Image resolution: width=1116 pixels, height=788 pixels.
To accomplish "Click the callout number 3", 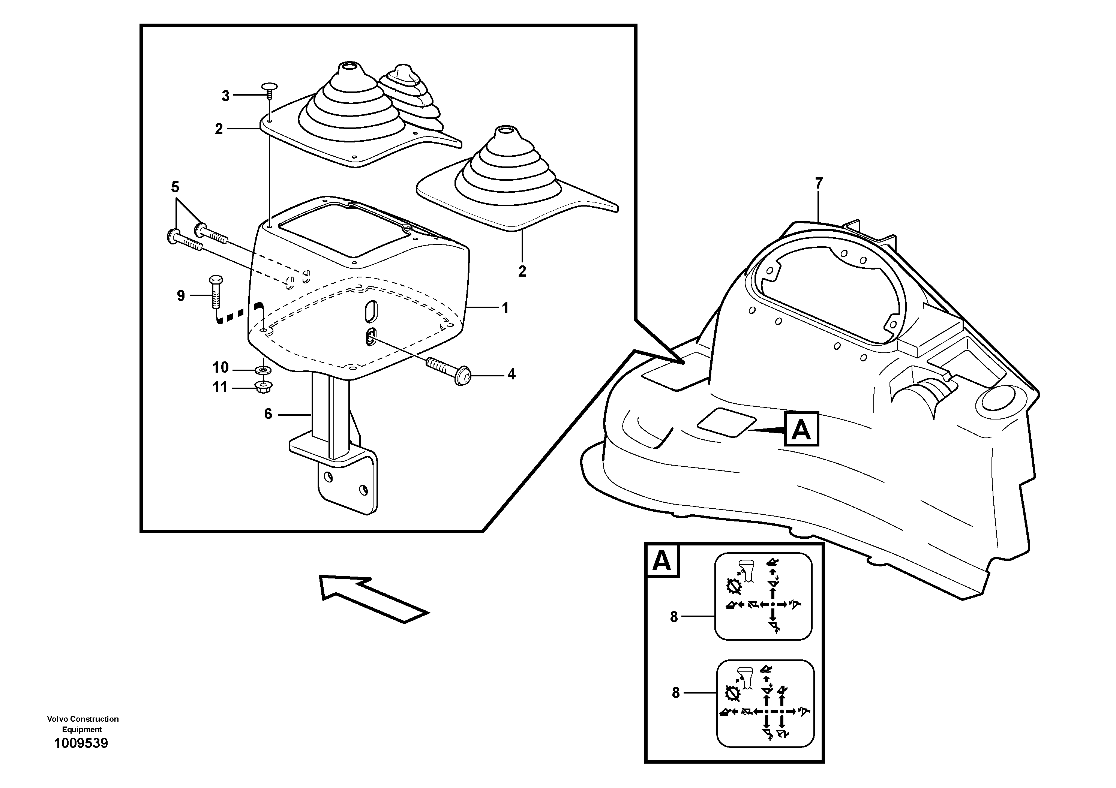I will point(225,96).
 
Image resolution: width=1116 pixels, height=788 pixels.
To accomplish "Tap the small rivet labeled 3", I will point(268,87).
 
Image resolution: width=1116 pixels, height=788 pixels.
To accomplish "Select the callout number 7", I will point(819,184).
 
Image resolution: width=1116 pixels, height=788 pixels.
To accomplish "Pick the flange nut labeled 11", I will point(264,387).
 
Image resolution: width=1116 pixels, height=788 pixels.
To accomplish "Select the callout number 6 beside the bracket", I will point(268,414).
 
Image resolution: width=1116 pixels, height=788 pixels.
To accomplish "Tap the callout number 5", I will point(175,187).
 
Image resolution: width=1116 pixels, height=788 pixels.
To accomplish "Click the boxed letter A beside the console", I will point(801,429).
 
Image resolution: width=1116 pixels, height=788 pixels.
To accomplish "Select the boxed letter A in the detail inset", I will point(661,561).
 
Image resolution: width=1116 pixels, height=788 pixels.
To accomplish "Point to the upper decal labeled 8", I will point(763,596).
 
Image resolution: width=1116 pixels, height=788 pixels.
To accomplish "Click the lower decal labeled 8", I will point(765,703).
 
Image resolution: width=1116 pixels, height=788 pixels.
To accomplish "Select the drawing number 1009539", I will point(81,743).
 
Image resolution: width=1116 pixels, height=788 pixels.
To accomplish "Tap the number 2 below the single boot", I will point(522,271).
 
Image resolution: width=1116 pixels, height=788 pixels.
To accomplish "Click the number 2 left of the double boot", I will point(219,129).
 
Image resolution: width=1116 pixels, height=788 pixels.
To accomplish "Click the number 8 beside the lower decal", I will point(675,693).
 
